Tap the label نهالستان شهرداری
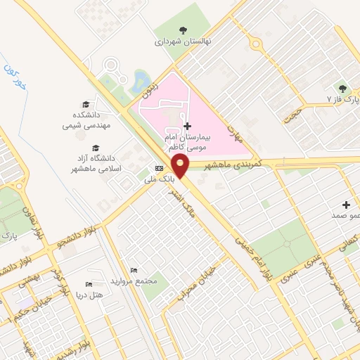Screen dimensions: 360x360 182,41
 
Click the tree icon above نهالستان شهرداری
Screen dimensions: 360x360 183,30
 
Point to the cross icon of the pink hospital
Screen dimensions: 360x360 186,126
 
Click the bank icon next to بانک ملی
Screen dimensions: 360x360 159,168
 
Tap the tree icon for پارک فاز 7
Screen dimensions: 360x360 342,89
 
